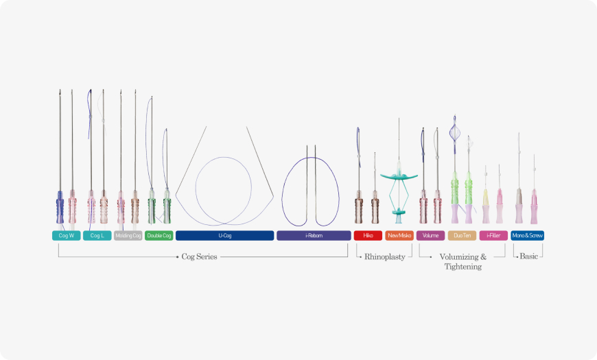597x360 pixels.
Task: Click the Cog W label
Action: (x=66, y=235)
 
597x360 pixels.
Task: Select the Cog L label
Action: (x=97, y=235)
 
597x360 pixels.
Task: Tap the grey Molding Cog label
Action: (x=128, y=235)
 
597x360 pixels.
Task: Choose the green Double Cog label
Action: (x=159, y=235)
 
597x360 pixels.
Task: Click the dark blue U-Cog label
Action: (x=224, y=235)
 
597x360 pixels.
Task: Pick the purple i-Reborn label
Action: (x=314, y=235)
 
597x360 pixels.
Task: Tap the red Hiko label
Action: (x=368, y=235)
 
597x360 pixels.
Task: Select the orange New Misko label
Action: (x=399, y=235)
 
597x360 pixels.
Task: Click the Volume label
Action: (x=430, y=235)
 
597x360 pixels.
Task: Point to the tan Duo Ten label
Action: (x=461, y=235)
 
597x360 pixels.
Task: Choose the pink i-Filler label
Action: (x=493, y=235)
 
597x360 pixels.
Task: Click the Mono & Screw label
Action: (x=528, y=235)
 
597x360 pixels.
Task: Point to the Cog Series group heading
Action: (x=199, y=256)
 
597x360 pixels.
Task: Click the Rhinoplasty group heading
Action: (x=384, y=256)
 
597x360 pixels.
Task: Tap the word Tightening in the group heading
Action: (x=463, y=267)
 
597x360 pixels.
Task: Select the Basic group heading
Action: (x=528, y=256)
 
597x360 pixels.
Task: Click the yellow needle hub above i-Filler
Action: (x=486, y=199)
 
